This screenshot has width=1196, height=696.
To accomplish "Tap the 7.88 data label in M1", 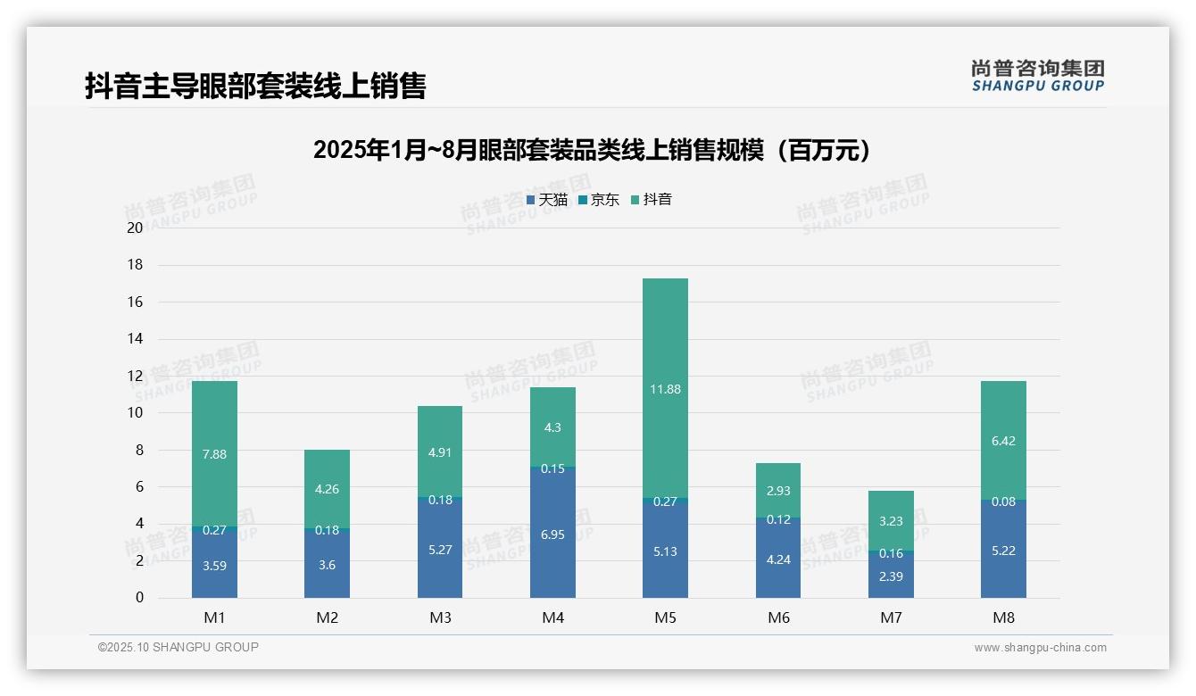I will [x=214, y=454].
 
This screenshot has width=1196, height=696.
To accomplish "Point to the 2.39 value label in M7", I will [x=891, y=576].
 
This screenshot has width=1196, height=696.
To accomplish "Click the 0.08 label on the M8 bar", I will [x=1003, y=501].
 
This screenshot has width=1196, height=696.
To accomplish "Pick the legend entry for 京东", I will [x=599, y=200].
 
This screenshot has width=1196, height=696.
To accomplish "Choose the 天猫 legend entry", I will [x=547, y=200].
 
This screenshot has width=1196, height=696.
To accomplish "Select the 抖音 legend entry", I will [x=652, y=200].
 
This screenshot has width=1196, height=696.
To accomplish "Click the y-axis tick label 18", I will [x=135, y=265].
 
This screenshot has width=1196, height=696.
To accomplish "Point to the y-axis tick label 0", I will [x=139, y=598].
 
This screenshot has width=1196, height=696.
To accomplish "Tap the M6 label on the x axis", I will [x=778, y=617].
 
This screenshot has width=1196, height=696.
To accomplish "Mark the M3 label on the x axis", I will [x=440, y=617].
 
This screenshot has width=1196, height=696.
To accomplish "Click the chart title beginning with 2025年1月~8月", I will [x=592, y=150].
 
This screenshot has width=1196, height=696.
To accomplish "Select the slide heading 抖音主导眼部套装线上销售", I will [x=255, y=86].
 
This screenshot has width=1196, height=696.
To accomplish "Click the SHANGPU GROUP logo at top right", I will [x=1037, y=76].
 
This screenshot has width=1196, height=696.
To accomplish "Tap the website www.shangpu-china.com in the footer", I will [x=1040, y=648].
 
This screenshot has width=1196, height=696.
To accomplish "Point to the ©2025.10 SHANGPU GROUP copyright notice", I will [x=179, y=648].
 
